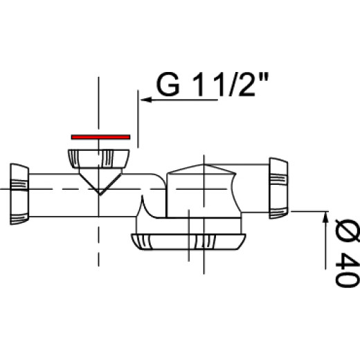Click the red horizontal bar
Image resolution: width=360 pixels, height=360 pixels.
[100, 137]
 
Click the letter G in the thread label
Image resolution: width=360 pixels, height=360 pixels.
[168, 84]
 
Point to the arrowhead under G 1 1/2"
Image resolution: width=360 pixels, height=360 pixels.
[146, 100]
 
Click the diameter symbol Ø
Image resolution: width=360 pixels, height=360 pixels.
[348, 231]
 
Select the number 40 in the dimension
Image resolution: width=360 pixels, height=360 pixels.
[348, 270]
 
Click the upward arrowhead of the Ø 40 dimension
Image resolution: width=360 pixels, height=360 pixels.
[325, 217]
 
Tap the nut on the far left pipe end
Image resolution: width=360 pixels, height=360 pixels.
[19, 194]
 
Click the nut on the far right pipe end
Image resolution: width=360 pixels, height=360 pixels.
[278, 188]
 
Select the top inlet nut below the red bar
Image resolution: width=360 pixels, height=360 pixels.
[98, 159]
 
